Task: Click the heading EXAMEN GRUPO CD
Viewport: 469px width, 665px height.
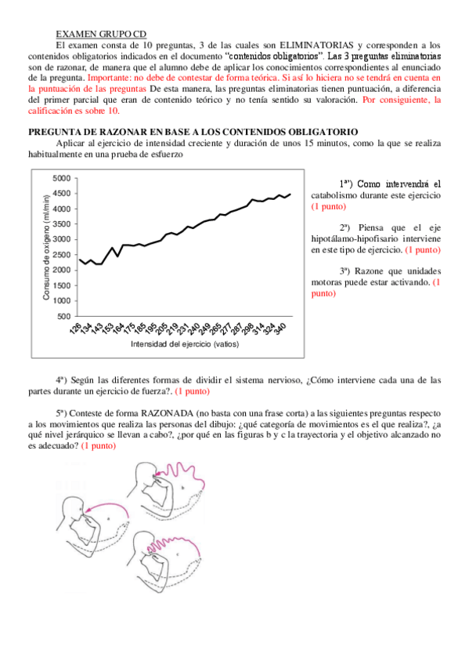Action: pyautogui.click(x=101, y=35)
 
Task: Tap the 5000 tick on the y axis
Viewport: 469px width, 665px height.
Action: pyautogui.click(x=60, y=179)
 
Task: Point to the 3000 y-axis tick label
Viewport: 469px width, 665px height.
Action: pyautogui.click(x=60, y=240)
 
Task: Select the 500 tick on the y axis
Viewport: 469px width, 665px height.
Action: pyautogui.click(x=63, y=316)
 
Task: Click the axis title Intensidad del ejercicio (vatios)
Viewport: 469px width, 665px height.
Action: pyautogui.click(x=184, y=344)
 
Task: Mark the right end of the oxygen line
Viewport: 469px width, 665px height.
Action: pyautogui.click(x=290, y=194)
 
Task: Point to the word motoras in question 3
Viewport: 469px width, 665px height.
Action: pyautogui.click(x=330, y=282)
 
